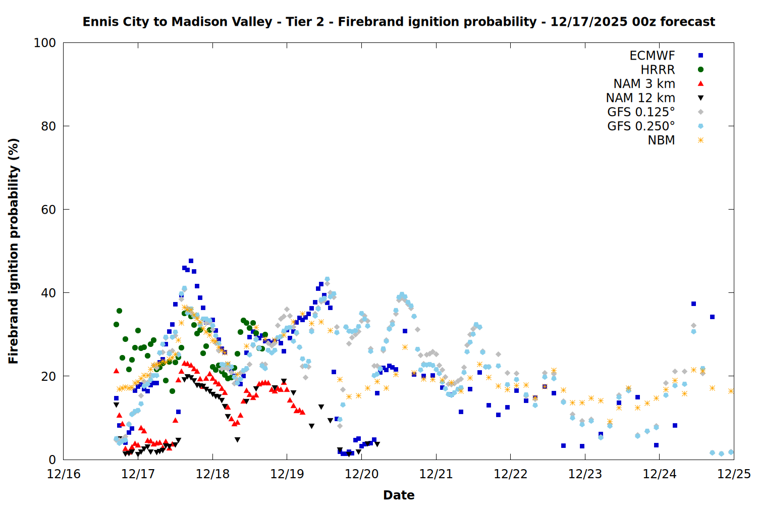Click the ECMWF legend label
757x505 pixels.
652,56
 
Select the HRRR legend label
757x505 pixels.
658,70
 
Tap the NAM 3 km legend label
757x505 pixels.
644,84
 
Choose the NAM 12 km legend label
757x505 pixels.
640,98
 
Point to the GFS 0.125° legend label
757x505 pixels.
641,112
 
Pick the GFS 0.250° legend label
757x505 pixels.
641,126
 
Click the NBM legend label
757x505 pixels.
661,140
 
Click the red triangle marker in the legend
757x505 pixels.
700,83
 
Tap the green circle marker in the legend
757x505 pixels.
700,70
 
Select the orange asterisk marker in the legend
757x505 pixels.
700,140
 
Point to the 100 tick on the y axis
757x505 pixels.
45,43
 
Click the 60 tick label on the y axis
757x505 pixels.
48,210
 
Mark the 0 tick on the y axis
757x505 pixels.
52,460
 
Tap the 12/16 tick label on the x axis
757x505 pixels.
64,474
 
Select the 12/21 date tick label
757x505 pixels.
436,474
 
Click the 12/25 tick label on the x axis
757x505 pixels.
734,474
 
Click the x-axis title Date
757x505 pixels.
399,495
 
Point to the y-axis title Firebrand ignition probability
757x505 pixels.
14,251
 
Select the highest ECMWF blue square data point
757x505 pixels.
191,261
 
